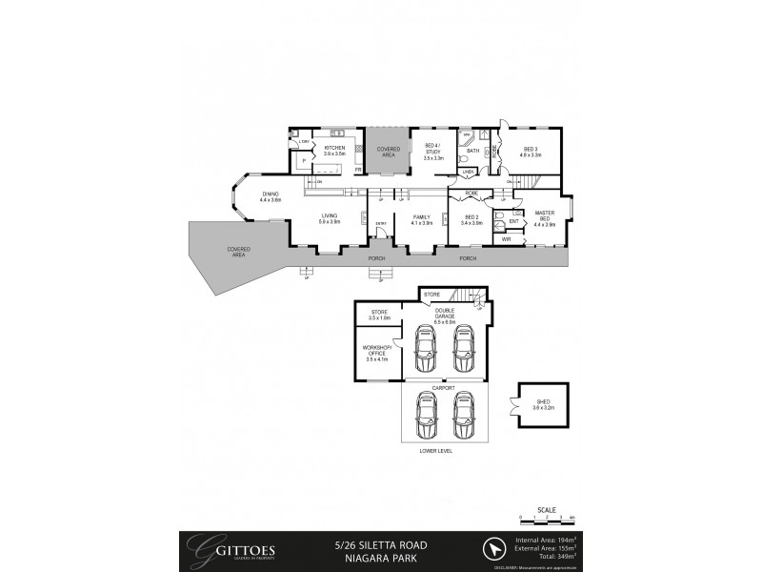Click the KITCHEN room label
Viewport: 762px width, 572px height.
pyautogui.click(x=333, y=148)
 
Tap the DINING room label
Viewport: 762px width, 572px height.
pyautogui.click(x=271, y=194)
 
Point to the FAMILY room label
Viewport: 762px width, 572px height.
pyautogui.click(x=422, y=216)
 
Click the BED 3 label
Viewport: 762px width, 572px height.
pyautogui.click(x=531, y=148)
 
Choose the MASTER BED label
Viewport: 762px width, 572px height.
pyautogui.click(x=545, y=215)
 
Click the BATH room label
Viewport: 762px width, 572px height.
pyautogui.click(x=472, y=151)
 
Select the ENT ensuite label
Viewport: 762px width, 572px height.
pyautogui.click(x=513, y=221)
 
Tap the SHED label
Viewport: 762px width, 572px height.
pyautogui.click(x=543, y=402)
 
